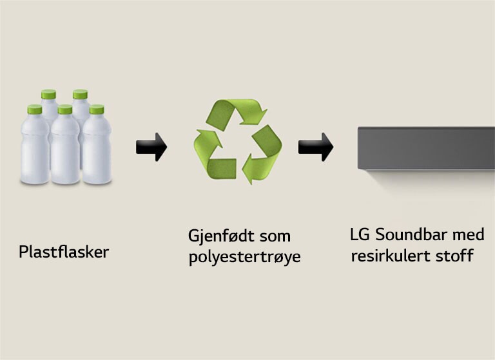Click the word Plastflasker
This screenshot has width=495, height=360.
pyautogui.click(x=64, y=252)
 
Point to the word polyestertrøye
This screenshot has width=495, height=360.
pyautogui.click(x=245, y=258)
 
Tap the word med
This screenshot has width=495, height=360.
pyautogui.click(x=468, y=234)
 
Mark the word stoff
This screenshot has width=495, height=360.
pyautogui.click(x=454, y=256)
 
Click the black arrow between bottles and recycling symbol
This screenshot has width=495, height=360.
pyautogui.click(x=151, y=147)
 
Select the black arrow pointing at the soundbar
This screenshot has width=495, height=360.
pyautogui.click(x=316, y=147)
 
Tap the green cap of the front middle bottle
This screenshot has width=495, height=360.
pyautogui.click(x=64, y=110)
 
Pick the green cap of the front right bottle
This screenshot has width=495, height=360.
pyautogui.click(x=97, y=109)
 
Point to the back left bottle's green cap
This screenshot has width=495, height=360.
pyautogui.click(x=48, y=95)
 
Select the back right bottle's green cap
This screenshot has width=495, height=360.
pyautogui.click(x=81, y=95)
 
